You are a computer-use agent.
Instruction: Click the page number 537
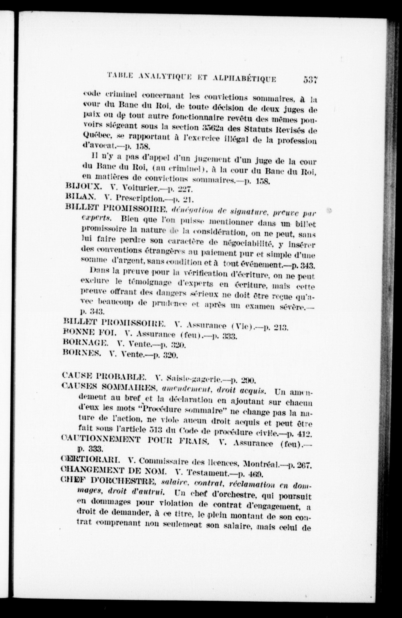click(310, 79)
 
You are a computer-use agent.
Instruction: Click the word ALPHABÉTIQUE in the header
click(244, 78)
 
